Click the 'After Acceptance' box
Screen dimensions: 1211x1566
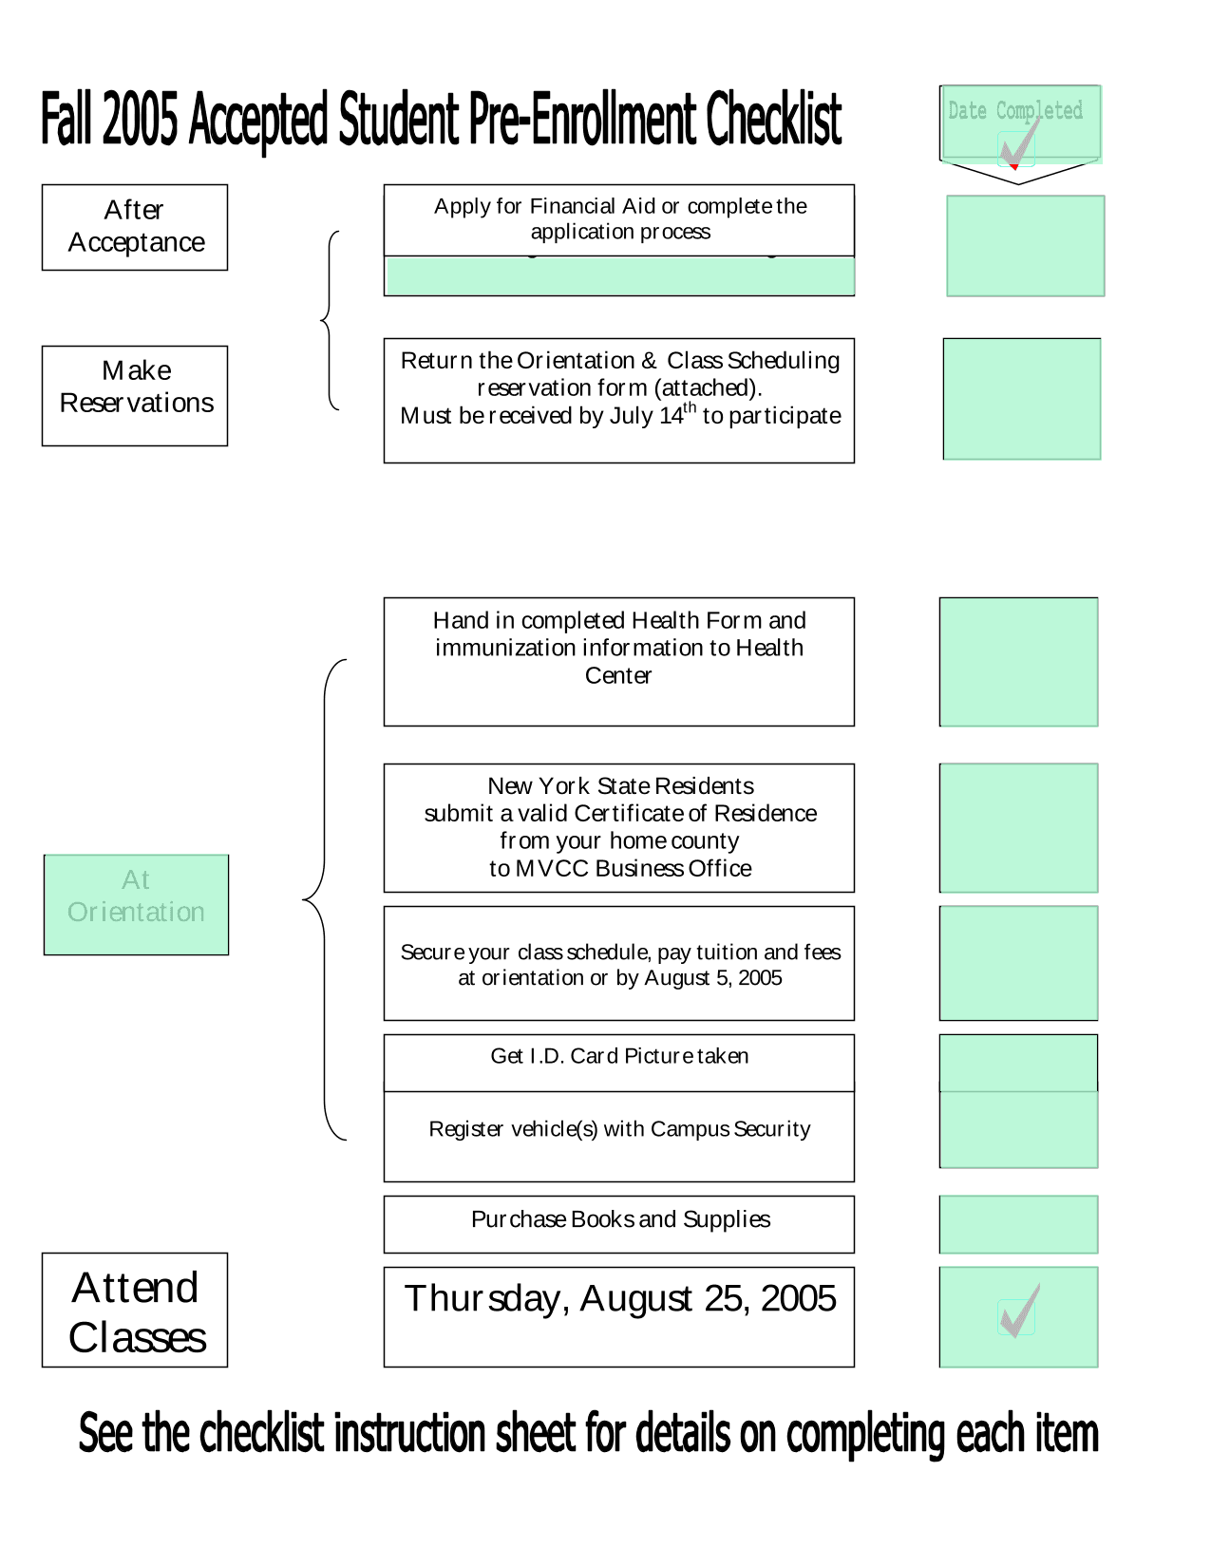pos(134,226)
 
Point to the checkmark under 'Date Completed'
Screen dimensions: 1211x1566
pos(1017,143)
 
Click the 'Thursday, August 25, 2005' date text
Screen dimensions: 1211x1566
pos(619,1297)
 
